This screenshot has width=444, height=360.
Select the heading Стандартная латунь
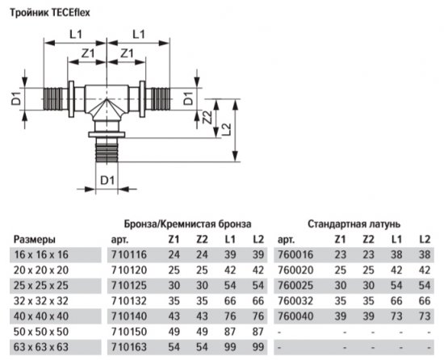tap(354, 223)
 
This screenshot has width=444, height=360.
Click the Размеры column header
tap(35, 240)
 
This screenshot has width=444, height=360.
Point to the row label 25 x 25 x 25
tap(40, 284)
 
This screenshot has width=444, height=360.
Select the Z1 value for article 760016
tap(341, 254)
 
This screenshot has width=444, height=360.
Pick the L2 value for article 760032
tap(423, 299)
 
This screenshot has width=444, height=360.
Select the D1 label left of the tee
tap(15, 99)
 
